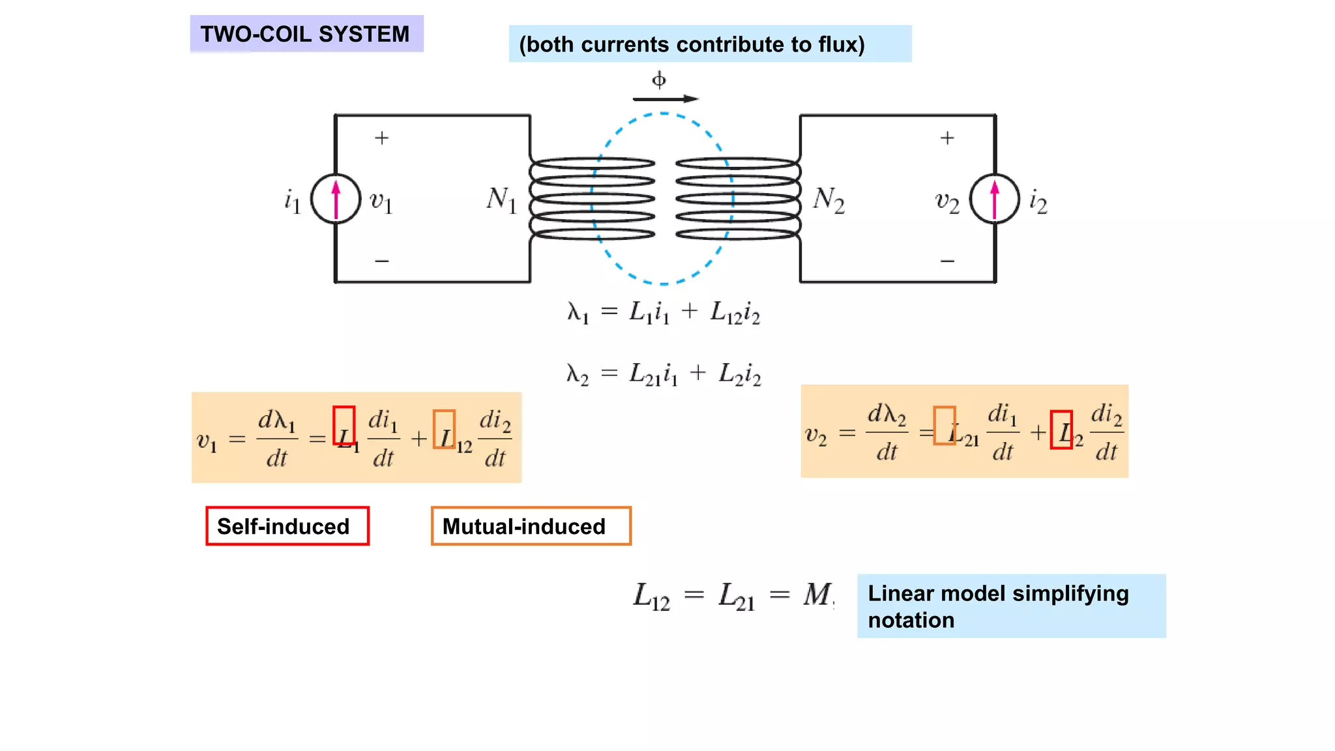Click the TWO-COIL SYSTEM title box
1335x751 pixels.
[306, 34]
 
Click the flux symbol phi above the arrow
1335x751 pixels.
[659, 80]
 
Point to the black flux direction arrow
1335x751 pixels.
[665, 99]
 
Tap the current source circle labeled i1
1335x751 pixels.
[336, 199]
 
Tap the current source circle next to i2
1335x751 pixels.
[995, 199]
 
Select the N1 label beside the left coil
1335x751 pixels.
[501, 199]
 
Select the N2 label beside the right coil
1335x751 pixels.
[829, 199]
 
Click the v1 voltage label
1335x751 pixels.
[381, 201]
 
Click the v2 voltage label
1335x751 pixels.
[947, 202]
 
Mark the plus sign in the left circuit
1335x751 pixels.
[382, 138]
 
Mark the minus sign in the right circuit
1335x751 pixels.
[947, 261]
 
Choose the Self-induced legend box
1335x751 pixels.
[287, 526]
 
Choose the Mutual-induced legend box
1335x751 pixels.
[531, 526]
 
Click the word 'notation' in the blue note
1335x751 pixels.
[911, 620]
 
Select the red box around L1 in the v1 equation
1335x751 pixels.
[344, 426]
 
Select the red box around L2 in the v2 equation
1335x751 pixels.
[1061, 430]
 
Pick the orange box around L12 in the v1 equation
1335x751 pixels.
[445, 429]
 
